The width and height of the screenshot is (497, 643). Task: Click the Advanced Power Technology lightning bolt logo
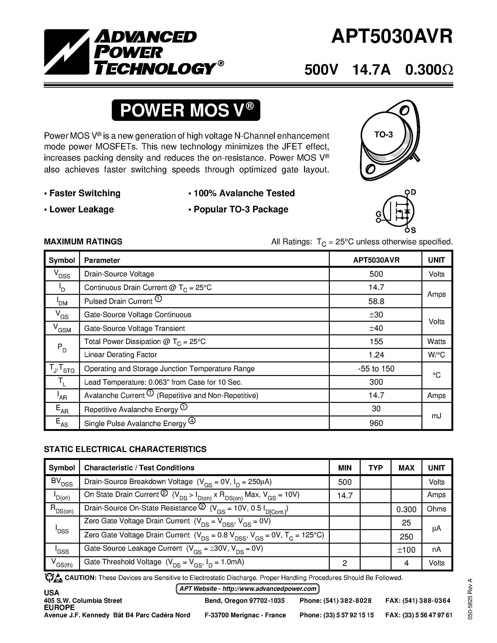pyautogui.click(x=67, y=52)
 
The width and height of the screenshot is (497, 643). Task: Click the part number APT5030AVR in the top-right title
pyautogui.click(x=392, y=37)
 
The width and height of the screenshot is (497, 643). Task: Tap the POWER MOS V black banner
pyautogui.click(x=186, y=110)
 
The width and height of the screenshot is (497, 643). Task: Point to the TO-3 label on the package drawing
pyautogui.click(x=383, y=134)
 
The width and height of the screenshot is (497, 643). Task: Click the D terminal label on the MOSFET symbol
pyautogui.click(x=413, y=192)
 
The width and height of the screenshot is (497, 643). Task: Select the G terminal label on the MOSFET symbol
pyautogui.click(x=379, y=214)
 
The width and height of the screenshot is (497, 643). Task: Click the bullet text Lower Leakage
pyautogui.click(x=81, y=209)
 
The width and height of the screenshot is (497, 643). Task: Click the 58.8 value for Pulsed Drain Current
pyautogui.click(x=376, y=301)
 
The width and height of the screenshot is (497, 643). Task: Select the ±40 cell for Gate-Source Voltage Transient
pyautogui.click(x=376, y=328)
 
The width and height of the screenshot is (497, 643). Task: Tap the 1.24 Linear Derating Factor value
pyautogui.click(x=376, y=355)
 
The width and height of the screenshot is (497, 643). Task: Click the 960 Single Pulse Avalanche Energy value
pyautogui.click(x=376, y=423)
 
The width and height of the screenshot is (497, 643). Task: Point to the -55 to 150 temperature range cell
pyautogui.click(x=376, y=368)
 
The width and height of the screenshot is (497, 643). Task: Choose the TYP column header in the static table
pyautogui.click(x=375, y=468)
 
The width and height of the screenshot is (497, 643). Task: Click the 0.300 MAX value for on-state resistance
pyautogui.click(x=406, y=509)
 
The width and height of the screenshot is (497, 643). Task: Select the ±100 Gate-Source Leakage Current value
pyautogui.click(x=406, y=550)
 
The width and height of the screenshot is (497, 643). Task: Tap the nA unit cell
pyautogui.click(x=436, y=549)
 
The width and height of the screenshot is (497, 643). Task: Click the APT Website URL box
pyautogui.click(x=247, y=589)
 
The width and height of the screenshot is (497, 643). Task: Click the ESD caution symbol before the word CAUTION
pyautogui.click(x=53, y=578)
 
